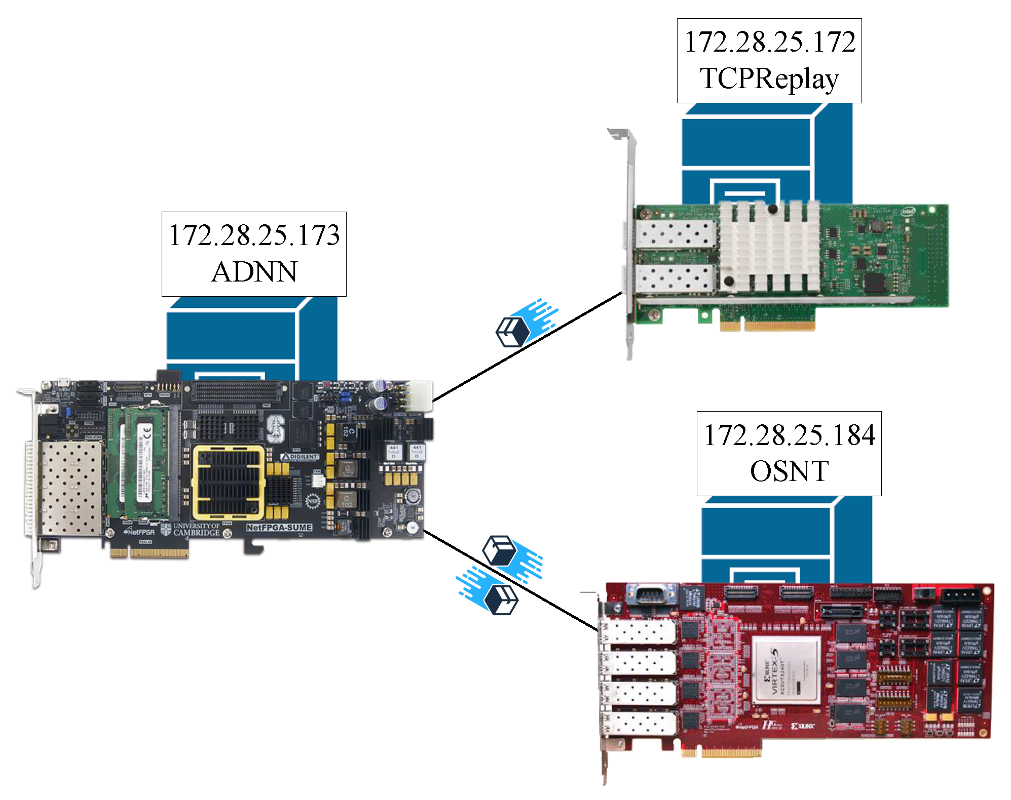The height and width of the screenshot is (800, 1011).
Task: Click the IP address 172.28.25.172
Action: point(769,42)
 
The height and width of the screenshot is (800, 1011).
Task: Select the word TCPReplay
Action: point(769,79)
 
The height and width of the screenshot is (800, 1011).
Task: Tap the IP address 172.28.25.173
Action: point(254,235)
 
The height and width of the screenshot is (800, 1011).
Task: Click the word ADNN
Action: point(254,272)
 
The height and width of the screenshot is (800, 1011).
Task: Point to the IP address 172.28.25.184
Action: point(789,435)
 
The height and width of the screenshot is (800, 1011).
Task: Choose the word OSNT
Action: point(789,471)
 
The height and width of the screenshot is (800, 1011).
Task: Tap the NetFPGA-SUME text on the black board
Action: point(279,528)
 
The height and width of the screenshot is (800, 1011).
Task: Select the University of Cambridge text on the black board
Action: point(196,530)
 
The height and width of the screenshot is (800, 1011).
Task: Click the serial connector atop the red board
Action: point(652,594)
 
